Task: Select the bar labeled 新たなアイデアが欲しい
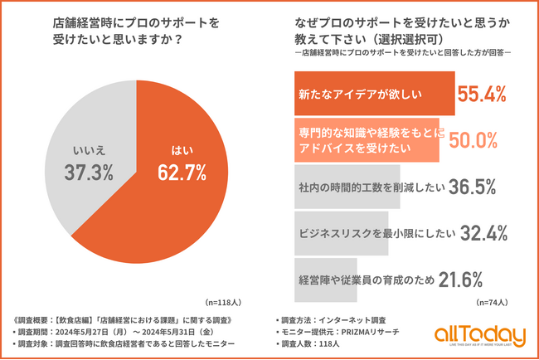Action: [x=373, y=95]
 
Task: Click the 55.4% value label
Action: [x=482, y=95]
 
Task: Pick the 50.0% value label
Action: [x=472, y=140]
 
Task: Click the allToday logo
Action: [x=479, y=335]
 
